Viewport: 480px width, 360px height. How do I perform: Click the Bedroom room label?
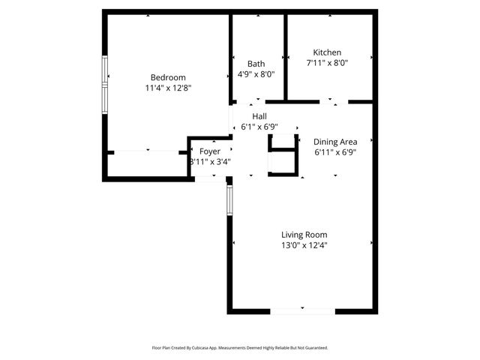pyautogui.click(x=168, y=77)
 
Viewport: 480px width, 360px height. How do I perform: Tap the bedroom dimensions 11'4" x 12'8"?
pyautogui.click(x=168, y=88)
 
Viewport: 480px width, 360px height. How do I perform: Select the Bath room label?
pyautogui.click(x=256, y=64)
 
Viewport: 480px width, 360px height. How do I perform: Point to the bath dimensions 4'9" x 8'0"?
pyautogui.click(x=256, y=74)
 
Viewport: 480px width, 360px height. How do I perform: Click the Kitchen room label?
pyautogui.click(x=327, y=52)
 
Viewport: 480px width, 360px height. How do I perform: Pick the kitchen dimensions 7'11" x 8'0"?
pyautogui.click(x=327, y=63)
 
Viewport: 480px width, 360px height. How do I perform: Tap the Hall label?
pyautogui.click(x=259, y=116)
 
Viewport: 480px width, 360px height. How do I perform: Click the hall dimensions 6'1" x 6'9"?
pyautogui.click(x=259, y=127)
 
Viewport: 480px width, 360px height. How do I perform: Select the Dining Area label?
pyautogui.click(x=334, y=141)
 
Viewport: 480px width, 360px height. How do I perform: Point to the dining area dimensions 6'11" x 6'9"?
pyautogui.click(x=334, y=151)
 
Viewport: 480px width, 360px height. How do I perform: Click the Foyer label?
pyautogui.click(x=210, y=151)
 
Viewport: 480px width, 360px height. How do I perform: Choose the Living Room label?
pyautogui.click(x=304, y=235)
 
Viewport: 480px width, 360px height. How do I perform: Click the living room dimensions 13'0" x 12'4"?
pyautogui.click(x=304, y=245)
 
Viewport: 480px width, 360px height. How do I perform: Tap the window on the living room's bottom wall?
pyautogui.click(x=302, y=310)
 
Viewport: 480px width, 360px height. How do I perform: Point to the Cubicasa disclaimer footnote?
pyautogui.click(x=240, y=348)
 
